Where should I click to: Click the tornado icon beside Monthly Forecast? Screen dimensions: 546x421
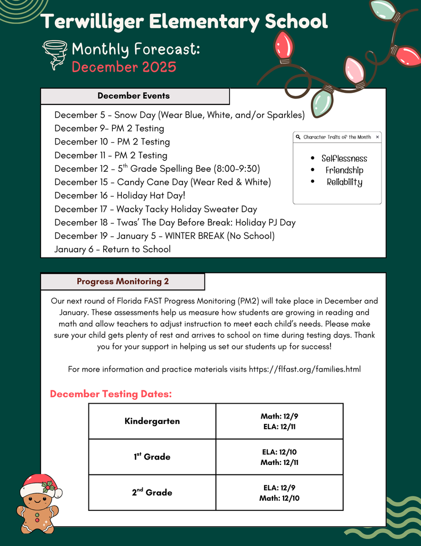pyautogui.click(x=54, y=54)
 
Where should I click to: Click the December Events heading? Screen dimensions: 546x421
pyautogui.click(x=134, y=96)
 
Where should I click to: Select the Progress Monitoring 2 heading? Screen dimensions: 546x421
pyautogui.click(x=122, y=282)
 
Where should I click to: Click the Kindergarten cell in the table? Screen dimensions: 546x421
pyautogui.click(x=152, y=421)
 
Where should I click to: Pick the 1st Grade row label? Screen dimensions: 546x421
pyautogui.click(x=152, y=457)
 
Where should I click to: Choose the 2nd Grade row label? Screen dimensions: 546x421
pyautogui.click(x=152, y=493)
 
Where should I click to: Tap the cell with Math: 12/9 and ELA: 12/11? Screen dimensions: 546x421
pyautogui.click(x=279, y=421)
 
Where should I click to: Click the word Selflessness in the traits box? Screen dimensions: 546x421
pyautogui.click(x=344, y=158)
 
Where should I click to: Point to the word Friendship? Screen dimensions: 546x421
pyautogui.click(x=344, y=171)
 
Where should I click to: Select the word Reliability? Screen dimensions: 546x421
pyautogui.click(x=344, y=182)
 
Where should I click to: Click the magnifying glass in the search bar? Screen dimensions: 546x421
pyautogui.click(x=298, y=137)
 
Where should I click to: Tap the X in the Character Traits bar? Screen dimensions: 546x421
pyautogui.click(x=377, y=137)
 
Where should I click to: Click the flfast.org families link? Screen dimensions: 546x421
pyautogui.click(x=305, y=369)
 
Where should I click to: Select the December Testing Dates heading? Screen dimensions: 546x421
pyautogui.click(x=111, y=394)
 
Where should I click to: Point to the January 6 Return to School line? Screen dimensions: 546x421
pyautogui.click(x=112, y=249)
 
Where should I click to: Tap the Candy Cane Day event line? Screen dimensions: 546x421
pyautogui.click(x=162, y=182)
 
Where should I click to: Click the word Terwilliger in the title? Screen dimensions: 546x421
pyautogui.click(x=92, y=22)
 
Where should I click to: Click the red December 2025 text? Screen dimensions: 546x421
pyautogui.click(x=123, y=67)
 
